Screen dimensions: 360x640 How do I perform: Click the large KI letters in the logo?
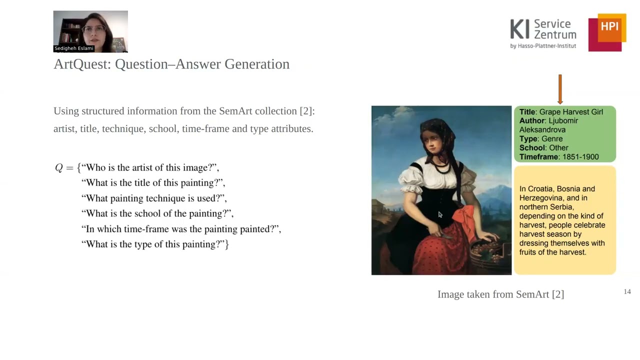[519, 29]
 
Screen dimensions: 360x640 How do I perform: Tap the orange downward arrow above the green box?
[560, 89]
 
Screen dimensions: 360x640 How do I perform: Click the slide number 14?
[627, 291]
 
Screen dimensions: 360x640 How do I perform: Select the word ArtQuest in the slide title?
[81, 64]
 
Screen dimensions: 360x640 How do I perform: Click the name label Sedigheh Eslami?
[74, 48]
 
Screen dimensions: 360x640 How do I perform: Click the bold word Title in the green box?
[527, 112]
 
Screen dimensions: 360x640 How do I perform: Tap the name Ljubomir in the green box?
[563, 121]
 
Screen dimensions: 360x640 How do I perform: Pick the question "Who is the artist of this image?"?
[150, 167]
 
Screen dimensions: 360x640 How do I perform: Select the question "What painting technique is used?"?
[154, 198]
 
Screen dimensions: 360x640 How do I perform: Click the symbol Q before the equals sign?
[58, 168]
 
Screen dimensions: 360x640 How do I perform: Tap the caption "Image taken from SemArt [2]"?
[500, 294]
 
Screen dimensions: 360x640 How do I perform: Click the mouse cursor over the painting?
[440, 214]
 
